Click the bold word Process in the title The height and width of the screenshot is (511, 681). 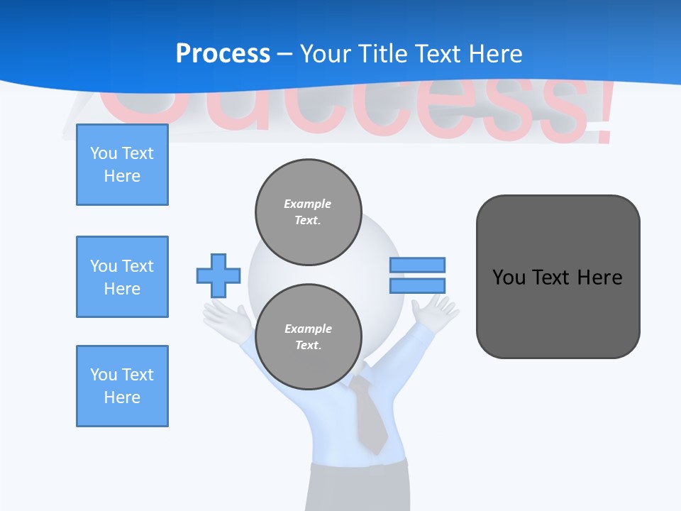223,54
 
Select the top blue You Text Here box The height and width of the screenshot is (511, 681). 122,165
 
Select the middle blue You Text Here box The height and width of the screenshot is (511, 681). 122,277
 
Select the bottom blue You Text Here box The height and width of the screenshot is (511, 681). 122,386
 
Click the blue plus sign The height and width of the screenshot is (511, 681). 218,275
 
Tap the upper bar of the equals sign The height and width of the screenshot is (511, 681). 417,265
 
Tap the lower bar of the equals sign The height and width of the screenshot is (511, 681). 417,286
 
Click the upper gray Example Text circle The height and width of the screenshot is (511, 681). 309,212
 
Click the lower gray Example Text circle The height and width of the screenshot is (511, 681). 309,337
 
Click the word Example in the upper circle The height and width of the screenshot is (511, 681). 307,204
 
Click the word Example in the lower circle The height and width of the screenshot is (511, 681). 308,329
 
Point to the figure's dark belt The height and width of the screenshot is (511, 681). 358,468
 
